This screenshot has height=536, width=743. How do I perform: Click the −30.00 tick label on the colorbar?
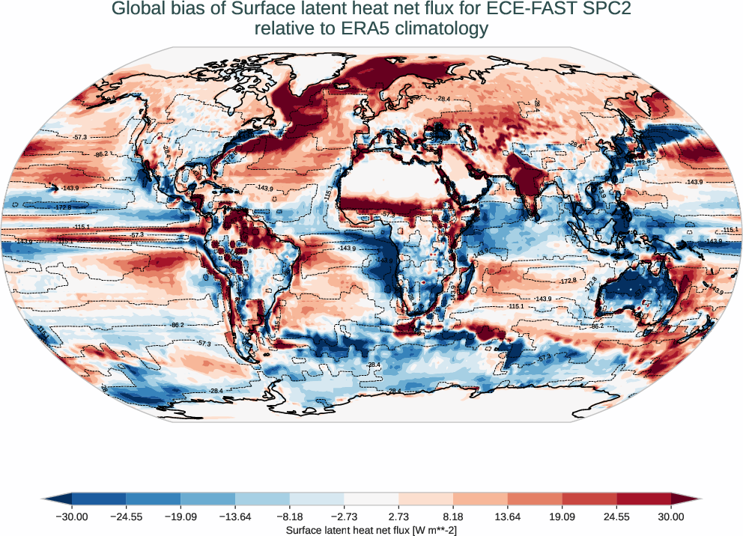click(71, 517)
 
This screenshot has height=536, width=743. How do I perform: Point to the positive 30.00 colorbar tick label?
click(670, 517)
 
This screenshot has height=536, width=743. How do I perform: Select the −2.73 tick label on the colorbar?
click(344, 517)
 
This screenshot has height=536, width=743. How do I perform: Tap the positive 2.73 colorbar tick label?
click(398, 517)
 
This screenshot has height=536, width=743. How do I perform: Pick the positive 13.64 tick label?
click(507, 517)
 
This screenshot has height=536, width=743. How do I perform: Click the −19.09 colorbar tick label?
click(181, 517)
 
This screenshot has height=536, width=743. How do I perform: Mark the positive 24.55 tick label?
click(616, 517)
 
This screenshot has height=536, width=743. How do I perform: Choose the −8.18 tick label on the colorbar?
click(289, 517)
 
